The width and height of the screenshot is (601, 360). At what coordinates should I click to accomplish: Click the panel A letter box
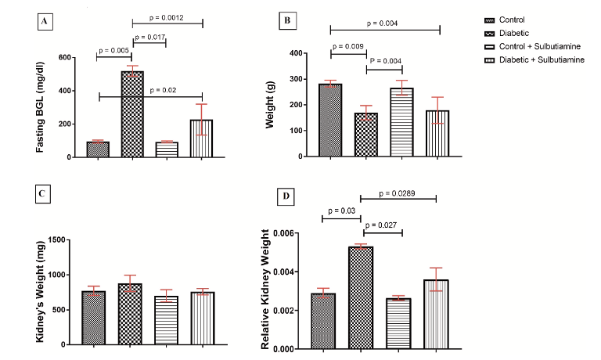click(46, 22)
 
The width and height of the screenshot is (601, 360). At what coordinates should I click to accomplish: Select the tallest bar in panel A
click(131, 114)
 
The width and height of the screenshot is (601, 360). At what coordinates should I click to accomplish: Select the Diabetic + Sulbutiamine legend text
click(544, 59)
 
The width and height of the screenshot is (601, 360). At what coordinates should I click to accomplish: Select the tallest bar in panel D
click(362, 297)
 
